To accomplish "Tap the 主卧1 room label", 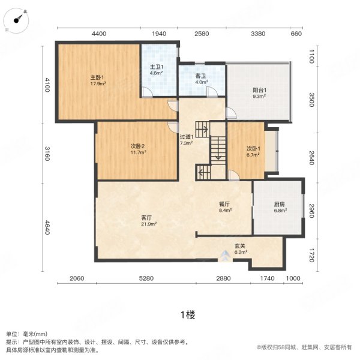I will [98, 77].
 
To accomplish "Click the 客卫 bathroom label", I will [201, 76].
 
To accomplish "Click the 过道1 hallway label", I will [187, 137].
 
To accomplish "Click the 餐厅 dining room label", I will [225, 204].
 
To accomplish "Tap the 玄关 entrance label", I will [240, 246].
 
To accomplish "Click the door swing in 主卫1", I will [146, 91].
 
